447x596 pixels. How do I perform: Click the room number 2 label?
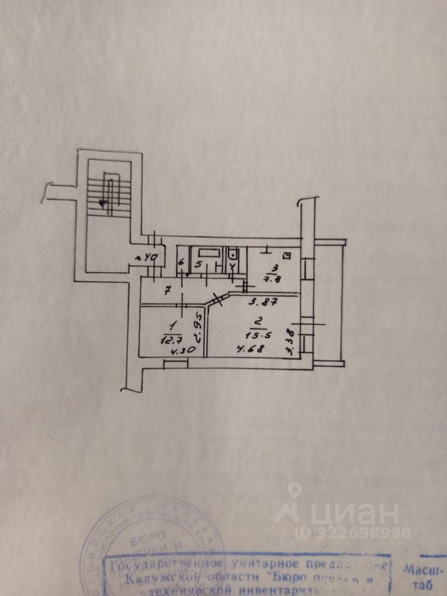pyautogui.click(x=255, y=322)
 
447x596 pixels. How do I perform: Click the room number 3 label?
pyautogui.click(x=273, y=269)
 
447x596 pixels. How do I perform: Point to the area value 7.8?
pyautogui.click(x=273, y=279)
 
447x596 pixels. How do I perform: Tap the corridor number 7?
pyautogui.click(x=168, y=291)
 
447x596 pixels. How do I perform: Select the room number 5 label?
pyautogui.click(x=197, y=264)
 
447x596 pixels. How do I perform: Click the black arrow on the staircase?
pyautogui.click(x=103, y=202)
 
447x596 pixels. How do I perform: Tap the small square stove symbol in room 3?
pyautogui.click(x=287, y=255)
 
